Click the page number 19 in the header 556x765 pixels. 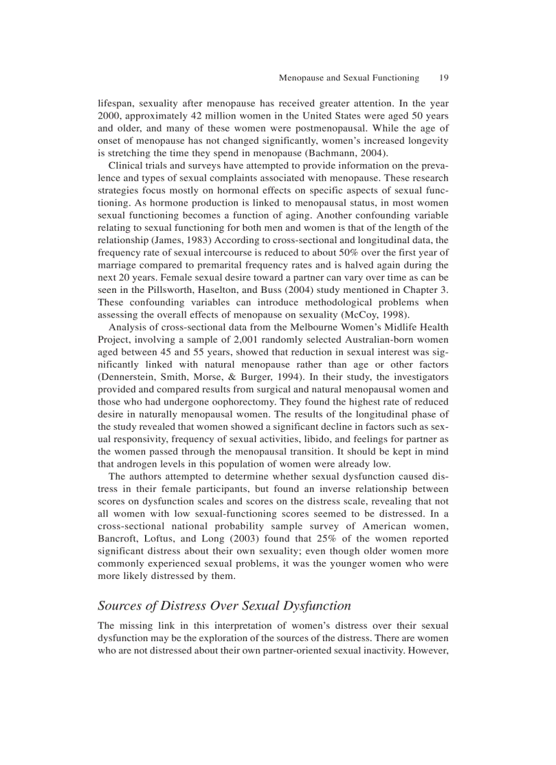coord(443,78)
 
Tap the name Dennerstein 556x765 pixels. coord(131,375)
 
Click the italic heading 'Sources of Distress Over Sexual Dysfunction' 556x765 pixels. coord(224,606)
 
